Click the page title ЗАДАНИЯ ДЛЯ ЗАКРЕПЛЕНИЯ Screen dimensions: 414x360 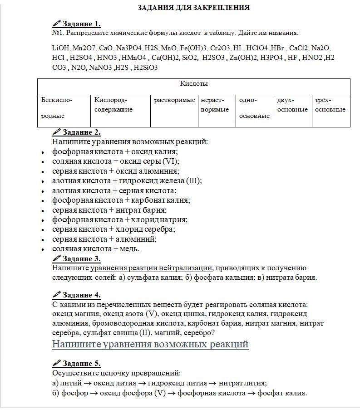[193, 8]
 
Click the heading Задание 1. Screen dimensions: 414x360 [82, 24]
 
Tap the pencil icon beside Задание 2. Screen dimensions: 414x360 [56, 132]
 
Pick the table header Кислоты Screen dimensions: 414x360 [194, 84]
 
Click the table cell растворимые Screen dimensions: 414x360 [174, 100]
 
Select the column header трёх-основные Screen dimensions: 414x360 [330, 105]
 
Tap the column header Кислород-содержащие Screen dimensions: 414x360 [113, 105]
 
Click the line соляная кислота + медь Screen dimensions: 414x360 [96, 248]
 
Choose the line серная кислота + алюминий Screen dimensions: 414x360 [104, 239]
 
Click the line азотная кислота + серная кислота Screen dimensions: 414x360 [114, 190]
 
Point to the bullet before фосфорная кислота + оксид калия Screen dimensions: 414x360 [42, 152]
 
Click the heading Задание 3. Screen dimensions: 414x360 [82, 259]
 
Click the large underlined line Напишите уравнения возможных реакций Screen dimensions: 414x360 [150, 344]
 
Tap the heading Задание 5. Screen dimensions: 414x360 [82, 364]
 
